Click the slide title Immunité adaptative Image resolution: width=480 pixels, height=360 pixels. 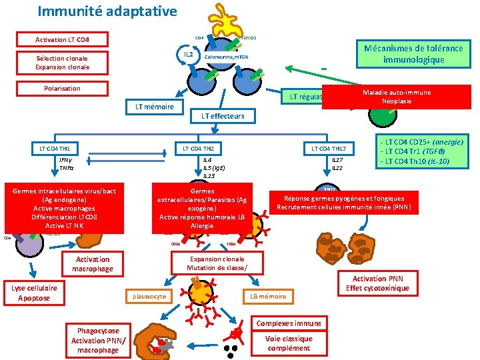tap(107, 11)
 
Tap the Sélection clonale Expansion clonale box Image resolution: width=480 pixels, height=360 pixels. tap(61, 63)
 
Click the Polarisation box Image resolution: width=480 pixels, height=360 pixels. tap(61, 89)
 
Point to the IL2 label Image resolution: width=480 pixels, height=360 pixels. tap(189, 54)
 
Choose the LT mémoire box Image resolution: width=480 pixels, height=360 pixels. tap(154, 107)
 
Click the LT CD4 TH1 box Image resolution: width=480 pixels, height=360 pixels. tap(55, 147)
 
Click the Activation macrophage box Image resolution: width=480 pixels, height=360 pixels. tap(93, 264)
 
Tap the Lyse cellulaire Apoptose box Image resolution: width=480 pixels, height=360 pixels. tap(34, 293)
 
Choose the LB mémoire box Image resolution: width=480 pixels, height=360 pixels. tap(267, 296)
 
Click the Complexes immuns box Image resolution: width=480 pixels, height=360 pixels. tap(288, 323)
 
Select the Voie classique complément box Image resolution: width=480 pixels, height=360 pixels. tap(288, 343)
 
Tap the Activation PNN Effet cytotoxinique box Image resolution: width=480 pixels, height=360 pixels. tap(377, 283)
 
